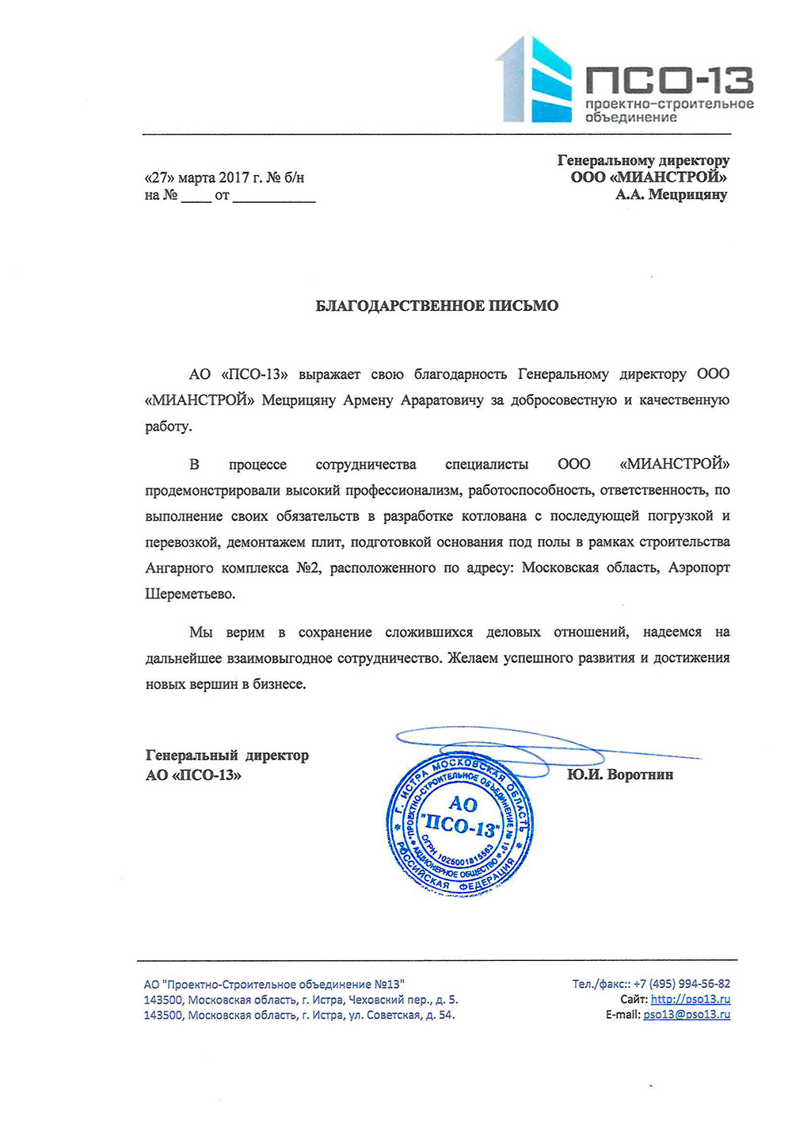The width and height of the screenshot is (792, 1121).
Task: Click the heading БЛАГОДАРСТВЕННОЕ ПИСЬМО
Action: pyautogui.click(x=437, y=305)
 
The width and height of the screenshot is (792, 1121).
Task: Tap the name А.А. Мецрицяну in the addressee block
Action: pyautogui.click(x=672, y=194)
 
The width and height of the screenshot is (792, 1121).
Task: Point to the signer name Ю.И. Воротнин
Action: pyautogui.click(x=620, y=775)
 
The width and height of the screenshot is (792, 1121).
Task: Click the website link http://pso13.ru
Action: pyautogui.click(x=691, y=999)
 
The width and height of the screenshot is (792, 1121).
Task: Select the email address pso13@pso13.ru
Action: pyautogui.click(x=687, y=1014)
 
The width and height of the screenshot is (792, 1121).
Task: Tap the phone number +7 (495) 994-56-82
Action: pyautogui.click(x=682, y=984)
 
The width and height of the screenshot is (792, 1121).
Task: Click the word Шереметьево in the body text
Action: pyautogui.click(x=190, y=594)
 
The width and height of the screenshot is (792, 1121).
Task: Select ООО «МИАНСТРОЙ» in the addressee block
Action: pyautogui.click(x=649, y=178)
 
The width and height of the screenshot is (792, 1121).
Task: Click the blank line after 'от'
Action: pyautogui.click(x=274, y=196)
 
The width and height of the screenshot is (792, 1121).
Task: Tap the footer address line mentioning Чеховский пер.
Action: pyautogui.click(x=301, y=1000)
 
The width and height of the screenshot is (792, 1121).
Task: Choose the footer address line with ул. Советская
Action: pyautogui.click(x=299, y=1015)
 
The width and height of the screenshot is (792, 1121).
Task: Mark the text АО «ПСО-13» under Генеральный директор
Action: pyautogui.click(x=193, y=775)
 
